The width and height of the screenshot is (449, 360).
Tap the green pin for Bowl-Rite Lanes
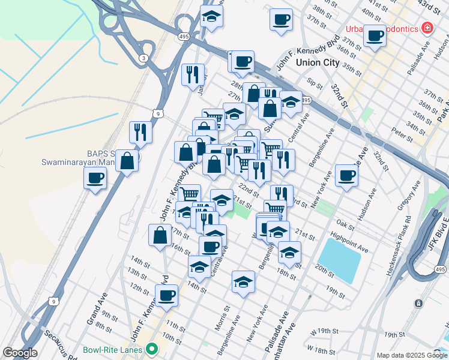[152, 348]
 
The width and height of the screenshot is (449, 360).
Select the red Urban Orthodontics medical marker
[427, 28]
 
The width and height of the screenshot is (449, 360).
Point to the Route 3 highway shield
[142, 58]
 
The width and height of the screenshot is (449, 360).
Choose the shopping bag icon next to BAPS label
[127, 160]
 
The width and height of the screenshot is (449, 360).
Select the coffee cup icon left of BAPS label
[95, 177]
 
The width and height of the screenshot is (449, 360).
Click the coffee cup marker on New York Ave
[346, 175]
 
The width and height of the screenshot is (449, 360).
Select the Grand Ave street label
[97, 309]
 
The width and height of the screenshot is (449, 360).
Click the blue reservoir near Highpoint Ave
[340, 259]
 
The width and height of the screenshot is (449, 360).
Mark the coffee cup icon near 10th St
[166, 295]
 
